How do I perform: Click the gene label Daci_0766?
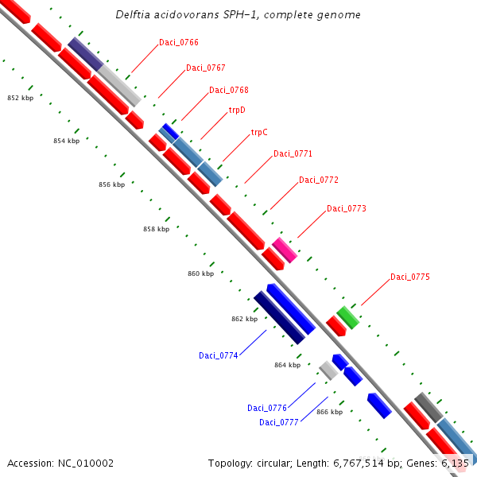point(178,42)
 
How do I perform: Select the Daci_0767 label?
point(205,68)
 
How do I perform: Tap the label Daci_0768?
point(228,90)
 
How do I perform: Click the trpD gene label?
point(237,111)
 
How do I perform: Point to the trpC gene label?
point(259,132)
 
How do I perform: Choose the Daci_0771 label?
point(293,153)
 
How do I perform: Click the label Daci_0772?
point(318,180)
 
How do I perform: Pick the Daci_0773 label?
point(346,208)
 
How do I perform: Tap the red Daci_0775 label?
point(409,277)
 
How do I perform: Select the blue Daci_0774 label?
point(218,355)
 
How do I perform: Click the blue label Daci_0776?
point(266,408)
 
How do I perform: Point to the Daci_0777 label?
point(278,422)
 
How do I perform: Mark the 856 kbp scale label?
point(111,184)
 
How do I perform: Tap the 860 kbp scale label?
point(200,273)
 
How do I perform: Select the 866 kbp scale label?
point(329,412)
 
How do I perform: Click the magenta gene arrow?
point(285,250)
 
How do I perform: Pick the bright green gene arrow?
point(347,317)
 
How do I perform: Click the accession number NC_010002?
point(60,463)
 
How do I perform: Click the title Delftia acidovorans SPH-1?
point(238,15)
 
